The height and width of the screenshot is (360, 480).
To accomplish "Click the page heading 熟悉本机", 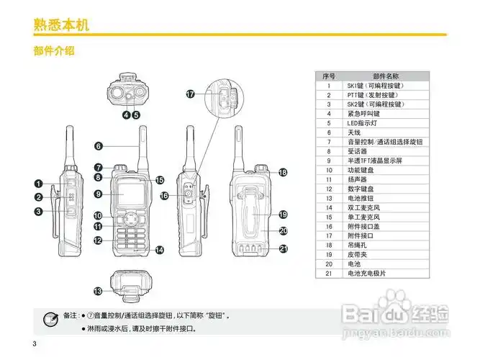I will tap(61, 25).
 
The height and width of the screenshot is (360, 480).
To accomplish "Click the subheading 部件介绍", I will tap(55, 52).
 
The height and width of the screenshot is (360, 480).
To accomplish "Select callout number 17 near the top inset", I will tap(191, 94).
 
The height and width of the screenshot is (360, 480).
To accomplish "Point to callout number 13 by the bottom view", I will tap(98, 291).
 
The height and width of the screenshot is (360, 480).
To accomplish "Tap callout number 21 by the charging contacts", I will tap(283, 248).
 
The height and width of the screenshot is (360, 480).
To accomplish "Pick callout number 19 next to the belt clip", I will tap(283, 214).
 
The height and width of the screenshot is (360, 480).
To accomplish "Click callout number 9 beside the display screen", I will tap(98, 193).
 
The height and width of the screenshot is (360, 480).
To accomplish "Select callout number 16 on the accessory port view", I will tap(165, 196).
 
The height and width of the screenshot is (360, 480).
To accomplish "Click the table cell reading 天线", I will tap(354, 132).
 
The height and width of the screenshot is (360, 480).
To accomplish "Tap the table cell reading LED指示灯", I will tap(363, 123).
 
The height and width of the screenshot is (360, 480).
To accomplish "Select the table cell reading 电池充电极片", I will tap(371, 273).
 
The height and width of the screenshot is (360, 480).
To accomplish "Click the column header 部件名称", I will tap(386, 76).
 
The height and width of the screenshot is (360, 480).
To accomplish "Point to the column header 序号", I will tap(329, 76).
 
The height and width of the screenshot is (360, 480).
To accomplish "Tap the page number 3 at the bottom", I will tap(34, 342).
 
